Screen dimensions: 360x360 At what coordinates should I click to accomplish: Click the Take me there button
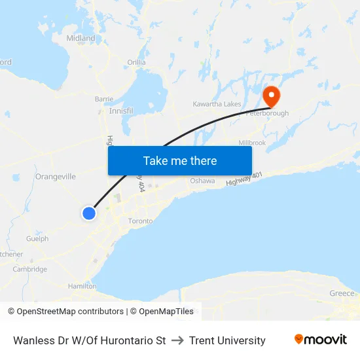pos(180,160)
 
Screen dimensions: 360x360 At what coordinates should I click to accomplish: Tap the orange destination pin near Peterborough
pos(271,97)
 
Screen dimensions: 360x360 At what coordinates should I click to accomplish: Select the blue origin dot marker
pos(89,213)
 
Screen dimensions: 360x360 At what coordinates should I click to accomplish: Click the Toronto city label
pos(140,221)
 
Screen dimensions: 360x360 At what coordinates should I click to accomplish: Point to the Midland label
pos(81,39)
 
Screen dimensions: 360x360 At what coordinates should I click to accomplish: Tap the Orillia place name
pos(136,62)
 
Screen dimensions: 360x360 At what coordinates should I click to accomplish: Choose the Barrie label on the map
pos(104,99)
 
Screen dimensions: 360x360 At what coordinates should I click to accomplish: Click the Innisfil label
pos(121,111)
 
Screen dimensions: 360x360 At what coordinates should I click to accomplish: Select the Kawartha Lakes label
pos(217,104)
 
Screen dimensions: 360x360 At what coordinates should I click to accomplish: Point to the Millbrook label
pos(252,143)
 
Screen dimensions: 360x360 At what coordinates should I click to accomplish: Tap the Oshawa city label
pos(202,181)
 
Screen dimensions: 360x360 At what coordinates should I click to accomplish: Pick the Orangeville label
pos(56,177)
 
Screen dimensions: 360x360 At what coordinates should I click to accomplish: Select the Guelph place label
pos(37,239)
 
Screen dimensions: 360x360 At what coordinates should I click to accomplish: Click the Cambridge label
pos(30,269)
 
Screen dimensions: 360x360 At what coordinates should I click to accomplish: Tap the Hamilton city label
pos(82,287)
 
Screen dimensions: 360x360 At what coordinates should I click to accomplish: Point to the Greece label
pos(342,293)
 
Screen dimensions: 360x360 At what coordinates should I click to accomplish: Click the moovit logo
pos(321,340)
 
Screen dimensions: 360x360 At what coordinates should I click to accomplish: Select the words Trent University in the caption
pos(227,340)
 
